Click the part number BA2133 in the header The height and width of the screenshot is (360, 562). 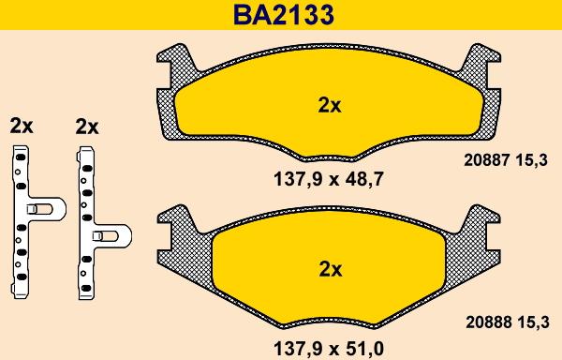coord(284,15)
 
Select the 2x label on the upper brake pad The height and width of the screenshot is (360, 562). coord(330,106)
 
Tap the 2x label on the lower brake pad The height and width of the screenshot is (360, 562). coord(331,269)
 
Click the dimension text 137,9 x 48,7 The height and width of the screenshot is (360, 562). coord(329,179)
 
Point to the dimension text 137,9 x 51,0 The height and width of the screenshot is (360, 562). coord(329,348)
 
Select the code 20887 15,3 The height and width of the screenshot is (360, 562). coord(506,160)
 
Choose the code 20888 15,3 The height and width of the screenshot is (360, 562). coord(507,322)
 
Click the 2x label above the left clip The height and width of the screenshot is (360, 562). coord(22,126)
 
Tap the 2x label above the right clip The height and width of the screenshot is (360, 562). coord(87,127)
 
